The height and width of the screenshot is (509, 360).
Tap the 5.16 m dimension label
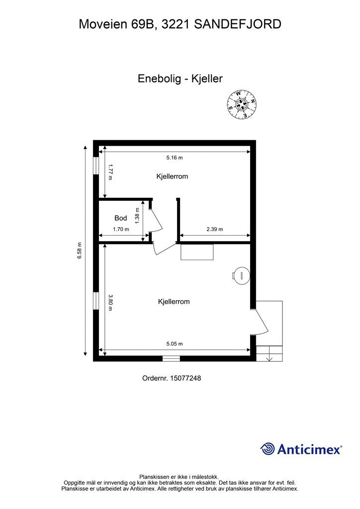pos(175,158)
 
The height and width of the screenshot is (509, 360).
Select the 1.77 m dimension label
pos(110,172)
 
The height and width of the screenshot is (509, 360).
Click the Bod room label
pos(121,218)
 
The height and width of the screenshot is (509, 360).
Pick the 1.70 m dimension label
pos(121,229)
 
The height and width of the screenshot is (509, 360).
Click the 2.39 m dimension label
pos(215,229)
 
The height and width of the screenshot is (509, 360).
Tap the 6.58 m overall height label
pos(80,251)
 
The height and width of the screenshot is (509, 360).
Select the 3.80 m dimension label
pos(110,303)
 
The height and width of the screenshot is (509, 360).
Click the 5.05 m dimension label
pos(175,344)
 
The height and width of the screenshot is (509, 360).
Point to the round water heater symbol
pos(242,275)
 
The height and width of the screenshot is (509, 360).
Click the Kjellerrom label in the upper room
pos(172,176)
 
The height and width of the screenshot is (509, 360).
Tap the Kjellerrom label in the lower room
pos(174,302)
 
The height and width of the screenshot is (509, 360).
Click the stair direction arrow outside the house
pos(269,357)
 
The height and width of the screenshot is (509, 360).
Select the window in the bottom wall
pos(171,358)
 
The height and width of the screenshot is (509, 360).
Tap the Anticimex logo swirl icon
pos(268,449)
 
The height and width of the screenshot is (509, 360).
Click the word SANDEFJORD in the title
pos(238,24)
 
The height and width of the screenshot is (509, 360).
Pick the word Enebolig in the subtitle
pos(159,79)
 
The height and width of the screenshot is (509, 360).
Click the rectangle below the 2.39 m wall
pos(197,252)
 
